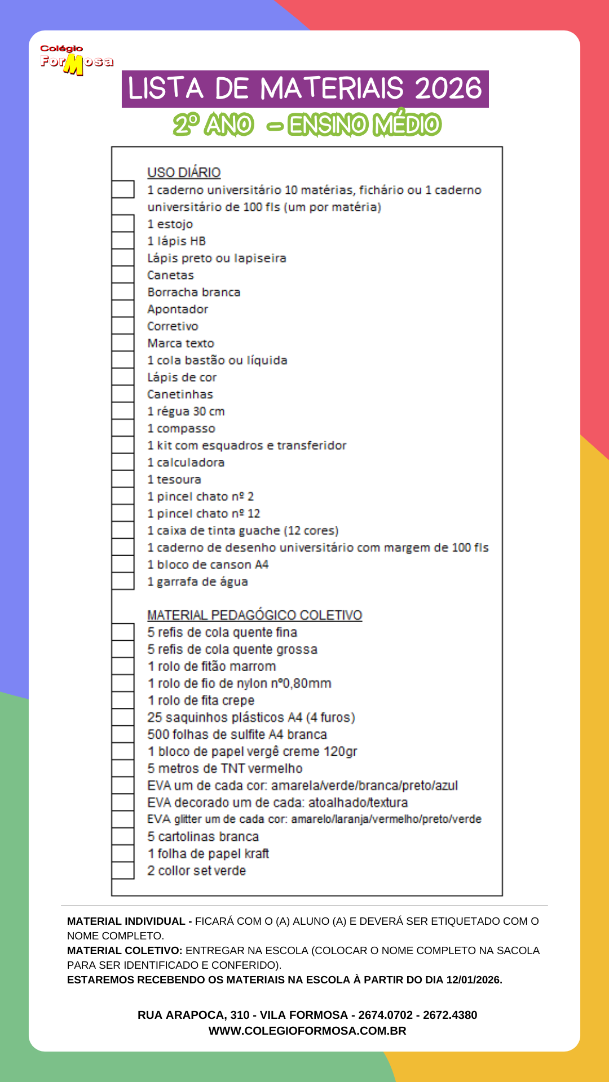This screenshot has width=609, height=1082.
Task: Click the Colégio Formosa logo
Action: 76,60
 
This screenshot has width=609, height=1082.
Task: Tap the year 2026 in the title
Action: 449,89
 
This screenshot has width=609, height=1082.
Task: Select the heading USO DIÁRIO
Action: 184,172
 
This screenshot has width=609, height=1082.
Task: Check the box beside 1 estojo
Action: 123,224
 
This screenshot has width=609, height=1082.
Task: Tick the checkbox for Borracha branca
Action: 123,292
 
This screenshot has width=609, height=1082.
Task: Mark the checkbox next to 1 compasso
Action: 123,428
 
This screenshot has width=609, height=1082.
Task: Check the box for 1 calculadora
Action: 123,462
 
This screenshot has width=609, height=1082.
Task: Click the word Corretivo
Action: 173,326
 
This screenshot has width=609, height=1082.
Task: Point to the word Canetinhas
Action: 180,394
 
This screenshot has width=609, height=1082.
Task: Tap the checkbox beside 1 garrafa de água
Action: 123,581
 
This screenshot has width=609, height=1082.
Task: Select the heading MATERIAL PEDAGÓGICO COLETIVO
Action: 254,615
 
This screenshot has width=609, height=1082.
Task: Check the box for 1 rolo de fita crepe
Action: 123,700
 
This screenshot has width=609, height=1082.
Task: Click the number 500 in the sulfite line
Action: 158,734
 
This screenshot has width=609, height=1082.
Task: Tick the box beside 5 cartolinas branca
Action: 123,836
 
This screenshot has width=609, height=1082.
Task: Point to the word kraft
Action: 257,854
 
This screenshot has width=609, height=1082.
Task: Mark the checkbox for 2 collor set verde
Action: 123,871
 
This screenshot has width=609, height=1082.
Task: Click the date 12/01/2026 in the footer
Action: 473,980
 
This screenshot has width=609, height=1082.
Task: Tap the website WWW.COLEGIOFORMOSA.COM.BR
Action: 307,1031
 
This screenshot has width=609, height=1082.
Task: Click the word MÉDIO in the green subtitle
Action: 407,125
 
